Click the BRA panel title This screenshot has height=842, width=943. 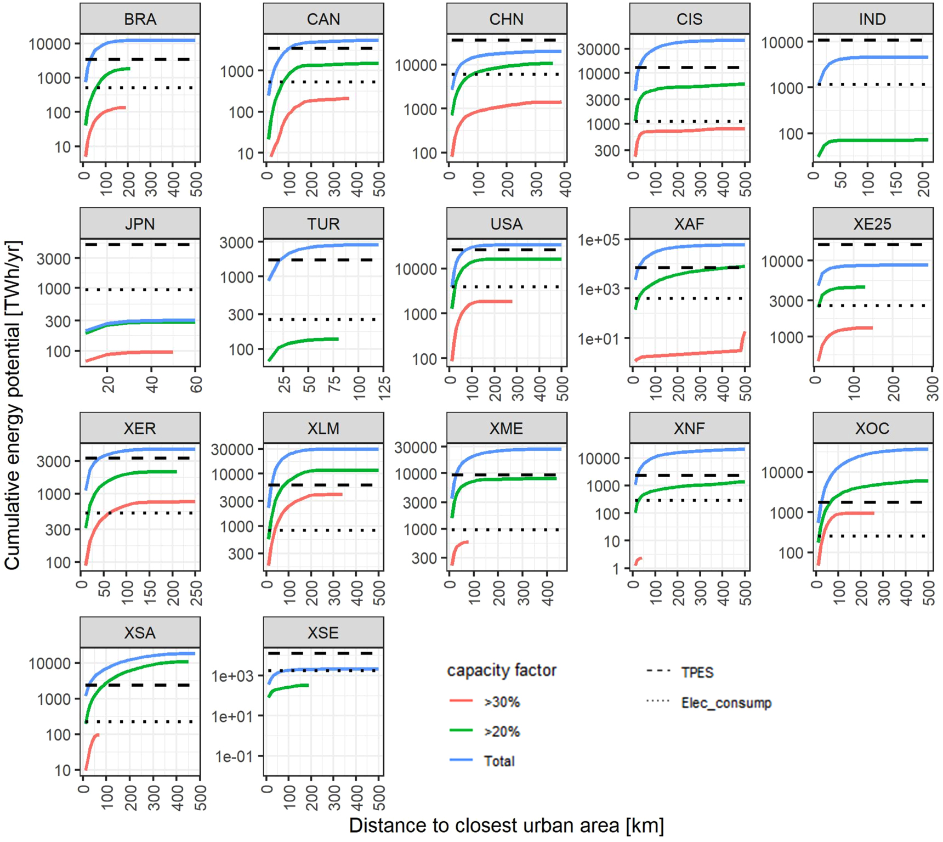coord(140,19)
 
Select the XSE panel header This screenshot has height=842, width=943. coord(323,632)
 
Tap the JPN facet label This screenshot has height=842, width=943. coord(140,224)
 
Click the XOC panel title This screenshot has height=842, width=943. coord(872,428)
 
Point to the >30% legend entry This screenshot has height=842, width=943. coord(501,702)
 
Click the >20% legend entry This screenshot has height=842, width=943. coord(501,732)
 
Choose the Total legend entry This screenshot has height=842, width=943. coord(499,761)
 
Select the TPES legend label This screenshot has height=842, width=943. coord(697,673)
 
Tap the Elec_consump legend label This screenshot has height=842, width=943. coord(726,703)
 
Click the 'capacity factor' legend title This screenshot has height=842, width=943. coord(502,670)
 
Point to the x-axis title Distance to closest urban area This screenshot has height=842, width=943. coord(506,826)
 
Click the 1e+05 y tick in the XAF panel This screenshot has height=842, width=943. coord(603,240)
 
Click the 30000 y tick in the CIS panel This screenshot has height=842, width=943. coord(599,49)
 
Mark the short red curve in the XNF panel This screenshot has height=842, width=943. coord(638,561)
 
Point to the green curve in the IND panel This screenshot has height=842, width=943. coord(877,141)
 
